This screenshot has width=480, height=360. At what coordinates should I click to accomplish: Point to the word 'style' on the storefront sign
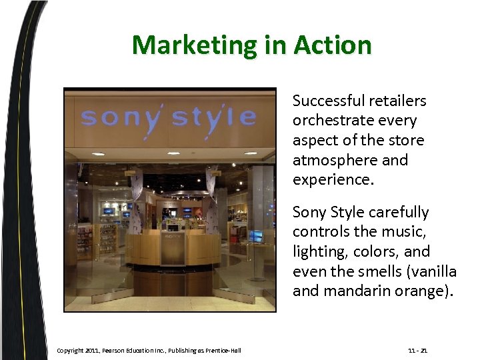213,117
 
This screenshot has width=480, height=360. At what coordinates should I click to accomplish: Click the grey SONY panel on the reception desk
173,247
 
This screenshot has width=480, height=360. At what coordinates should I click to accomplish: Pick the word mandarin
351,291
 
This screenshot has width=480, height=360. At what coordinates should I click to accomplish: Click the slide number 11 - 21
419,351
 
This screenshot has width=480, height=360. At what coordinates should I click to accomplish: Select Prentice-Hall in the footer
222,351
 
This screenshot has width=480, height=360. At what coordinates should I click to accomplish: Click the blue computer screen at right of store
256,235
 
